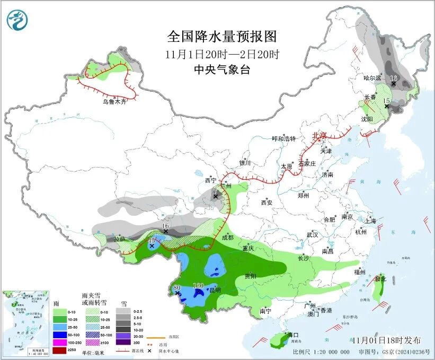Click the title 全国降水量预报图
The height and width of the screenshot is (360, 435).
221,37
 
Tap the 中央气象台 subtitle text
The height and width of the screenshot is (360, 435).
221,70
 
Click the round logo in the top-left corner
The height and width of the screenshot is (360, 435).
17,20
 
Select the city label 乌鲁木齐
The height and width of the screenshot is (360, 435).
115,101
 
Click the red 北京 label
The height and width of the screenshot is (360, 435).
319,135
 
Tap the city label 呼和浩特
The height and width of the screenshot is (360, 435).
283,139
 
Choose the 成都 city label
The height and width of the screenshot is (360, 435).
228,238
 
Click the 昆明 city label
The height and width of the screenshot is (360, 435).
215,290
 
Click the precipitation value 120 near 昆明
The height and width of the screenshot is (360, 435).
198,285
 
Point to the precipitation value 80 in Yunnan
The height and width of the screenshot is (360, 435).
177,288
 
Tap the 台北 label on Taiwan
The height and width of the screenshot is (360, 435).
380,278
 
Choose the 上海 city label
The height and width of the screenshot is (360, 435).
371,221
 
